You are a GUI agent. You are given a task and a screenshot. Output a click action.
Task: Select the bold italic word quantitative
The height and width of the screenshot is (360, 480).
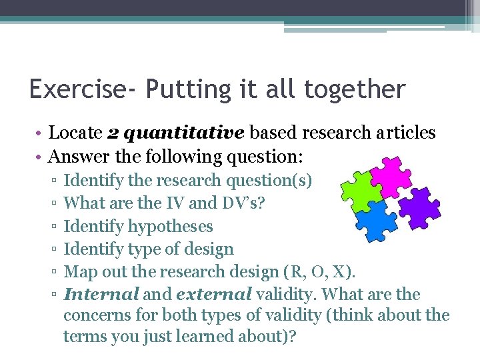pyautogui.click(x=184, y=133)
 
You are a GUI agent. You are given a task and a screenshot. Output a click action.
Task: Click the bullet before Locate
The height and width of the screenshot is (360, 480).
pyautogui.click(x=41, y=133)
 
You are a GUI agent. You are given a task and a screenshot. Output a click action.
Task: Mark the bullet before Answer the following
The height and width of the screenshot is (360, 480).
pyautogui.click(x=41, y=157)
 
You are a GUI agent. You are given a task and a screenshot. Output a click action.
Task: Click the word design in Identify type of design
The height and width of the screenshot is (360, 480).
pyautogui.click(x=210, y=249)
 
